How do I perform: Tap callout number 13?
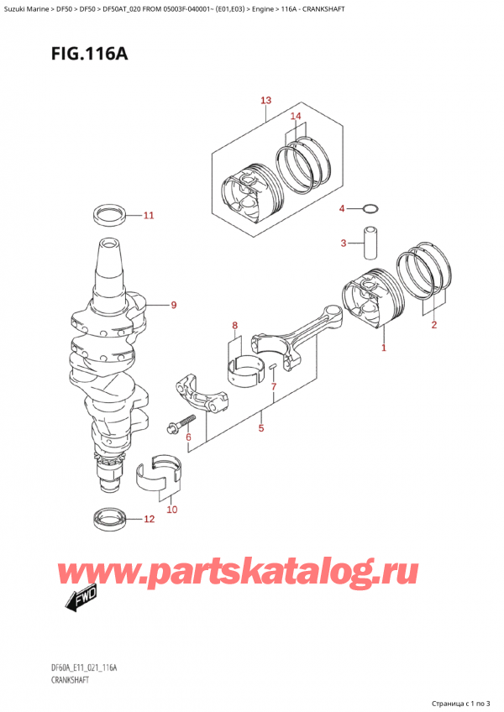pyautogui.click(x=265, y=101)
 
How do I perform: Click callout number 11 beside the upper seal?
pyautogui.click(x=149, y=216)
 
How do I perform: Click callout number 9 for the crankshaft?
pyautogui.click(x=173, y=305)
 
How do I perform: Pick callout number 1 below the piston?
pyautogui.click(x=384, y=347)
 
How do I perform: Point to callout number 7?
pyautogui.click(x=273, y=386)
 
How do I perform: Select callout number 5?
pyautogui.click(x=261, y=428)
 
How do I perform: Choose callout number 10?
pyautogui.click(x=171, y=509)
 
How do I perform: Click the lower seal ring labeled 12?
pyautogui.click(x=110, y=519)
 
